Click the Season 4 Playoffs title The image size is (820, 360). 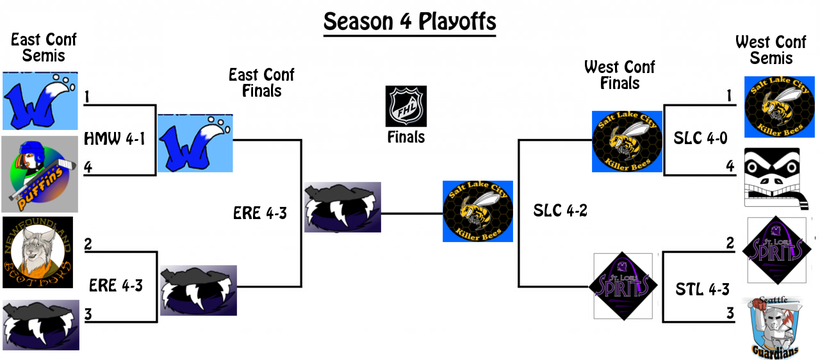pyautogui.click(x=409, y=22)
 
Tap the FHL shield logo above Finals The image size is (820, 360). pyautogui.click(x=406, y=106)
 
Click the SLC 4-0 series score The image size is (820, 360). pyautogui.click(x=701, y=138)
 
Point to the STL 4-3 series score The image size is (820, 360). pyautogui.click(x=702, y=290)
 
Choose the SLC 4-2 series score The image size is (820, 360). pyautogui.click(x=561, y=210)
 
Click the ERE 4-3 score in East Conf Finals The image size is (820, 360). pyautogui.click(x=260, y=213)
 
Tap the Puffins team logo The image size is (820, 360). pyautogui.click(x=40, y=174)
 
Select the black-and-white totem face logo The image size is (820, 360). pyautogui.click(x=771, y=177)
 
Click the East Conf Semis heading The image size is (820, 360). pyautogui.click(x=44, y=47)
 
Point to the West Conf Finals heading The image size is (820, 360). pyautogui.click(x=619, y=75)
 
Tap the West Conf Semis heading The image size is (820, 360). pyautogui.click(x=771, y=50)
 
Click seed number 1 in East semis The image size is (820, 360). pyautogui.click(x=86, y=97)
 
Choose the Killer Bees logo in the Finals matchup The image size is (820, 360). pyautogui.click(x=477, y=211)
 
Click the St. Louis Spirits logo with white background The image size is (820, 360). pyautogui.click(x=623, y=286)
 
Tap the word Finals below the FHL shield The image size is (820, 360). pyautogui.click(x=406, y=137)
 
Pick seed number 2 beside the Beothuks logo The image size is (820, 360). pyautogui.click(x=88, y=244)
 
